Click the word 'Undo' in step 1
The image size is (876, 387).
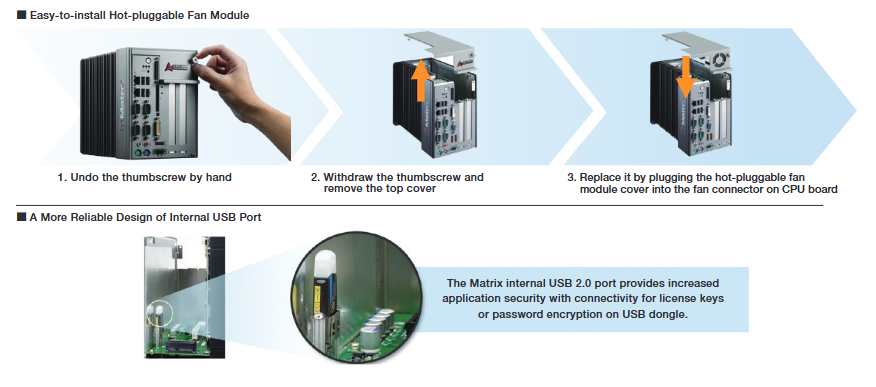click(x=82, y=178)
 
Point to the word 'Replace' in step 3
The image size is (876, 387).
click(x=598, y=178)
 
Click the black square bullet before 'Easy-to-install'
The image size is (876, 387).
click(x=21, y=16)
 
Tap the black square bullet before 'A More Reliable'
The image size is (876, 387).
click(x=21, y=217)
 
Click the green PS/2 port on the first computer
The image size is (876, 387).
click(x=136, y=152)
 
